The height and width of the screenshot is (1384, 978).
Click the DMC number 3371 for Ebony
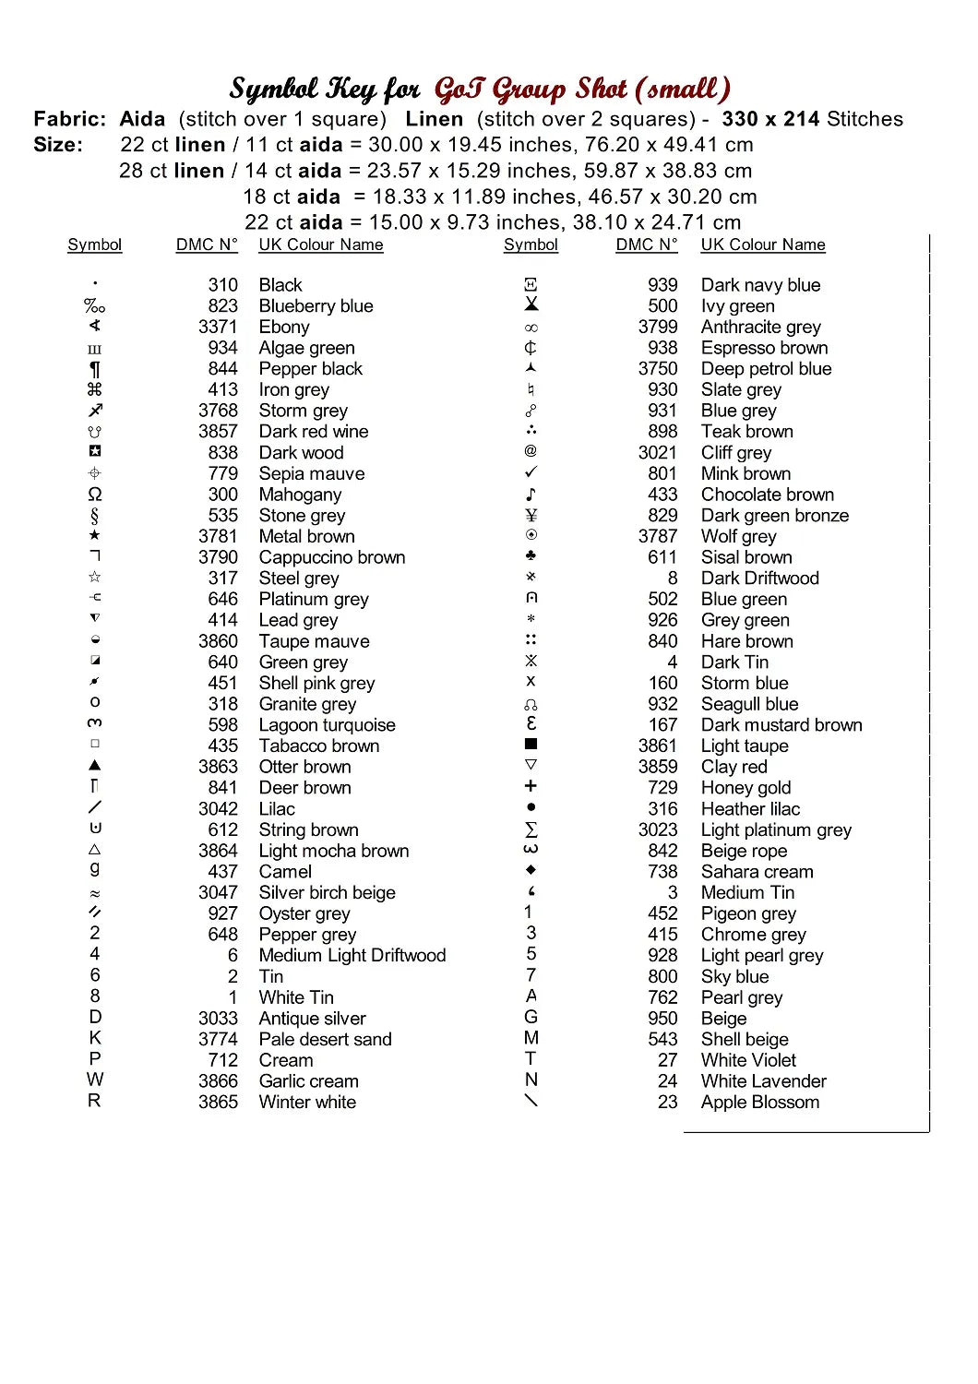pos(218,327)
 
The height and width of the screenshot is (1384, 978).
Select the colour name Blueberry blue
pos(316,305)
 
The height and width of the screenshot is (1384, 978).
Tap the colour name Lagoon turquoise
pos(327,725)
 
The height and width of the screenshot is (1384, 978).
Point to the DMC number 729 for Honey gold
pos(662,788)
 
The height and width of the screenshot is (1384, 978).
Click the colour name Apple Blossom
pos(759,1103)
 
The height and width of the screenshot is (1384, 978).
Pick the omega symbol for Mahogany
pos(95,495)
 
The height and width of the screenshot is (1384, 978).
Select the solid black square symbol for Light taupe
pos(531,744)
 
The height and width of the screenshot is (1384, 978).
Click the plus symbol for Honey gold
pos(531,786)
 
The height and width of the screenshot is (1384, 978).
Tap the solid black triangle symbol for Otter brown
pos(95,766)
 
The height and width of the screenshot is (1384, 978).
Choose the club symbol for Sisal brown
pos(531,556)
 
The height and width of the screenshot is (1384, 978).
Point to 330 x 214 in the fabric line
pos(770,119)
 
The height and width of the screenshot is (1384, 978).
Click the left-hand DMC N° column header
pos(207,245)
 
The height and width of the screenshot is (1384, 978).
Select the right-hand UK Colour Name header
pos(763,245)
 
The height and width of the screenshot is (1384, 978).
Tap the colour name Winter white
pos(307,1103)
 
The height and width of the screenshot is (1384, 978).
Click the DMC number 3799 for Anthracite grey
pos(658,327)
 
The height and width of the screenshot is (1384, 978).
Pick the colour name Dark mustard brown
pos(781,725)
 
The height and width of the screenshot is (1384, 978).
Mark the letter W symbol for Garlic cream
pos(95,1080)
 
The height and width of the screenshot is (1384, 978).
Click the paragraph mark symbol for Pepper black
pos(95,369)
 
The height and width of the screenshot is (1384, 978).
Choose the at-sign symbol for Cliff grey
pos(531,451)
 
